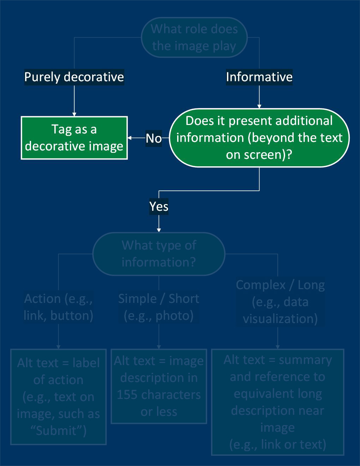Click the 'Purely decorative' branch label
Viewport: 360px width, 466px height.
(x=74, y=77)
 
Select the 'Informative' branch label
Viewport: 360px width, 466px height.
(x=259, y=77)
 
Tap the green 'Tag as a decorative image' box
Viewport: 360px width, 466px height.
(x=74, y=138)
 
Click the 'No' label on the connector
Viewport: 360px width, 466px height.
(x=154, y=138)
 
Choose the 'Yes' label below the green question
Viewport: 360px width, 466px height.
(x=159, y=206)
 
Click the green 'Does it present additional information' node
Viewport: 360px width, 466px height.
(x=259, y=138)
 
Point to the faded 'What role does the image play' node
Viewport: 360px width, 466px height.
(x=194, y=37)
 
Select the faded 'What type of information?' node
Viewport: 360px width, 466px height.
(x=159, y=253)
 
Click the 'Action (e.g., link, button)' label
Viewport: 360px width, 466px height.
(x=59, y=307)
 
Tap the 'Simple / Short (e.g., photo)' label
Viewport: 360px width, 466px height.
(x=159, y=307)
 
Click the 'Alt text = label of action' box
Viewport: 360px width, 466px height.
(x=59, y=397)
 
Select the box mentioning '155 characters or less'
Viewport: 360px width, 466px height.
(x=159, y=386)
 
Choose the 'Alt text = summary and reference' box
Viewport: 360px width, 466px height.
(x=277, y=402)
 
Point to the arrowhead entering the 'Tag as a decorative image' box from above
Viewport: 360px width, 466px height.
(x=74, y=114)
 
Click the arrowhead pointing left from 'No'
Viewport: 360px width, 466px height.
(x=130, y=138)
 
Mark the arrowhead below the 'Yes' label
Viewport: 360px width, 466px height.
(x=159, y=229)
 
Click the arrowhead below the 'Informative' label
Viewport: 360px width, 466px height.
(x=259, y=106)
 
